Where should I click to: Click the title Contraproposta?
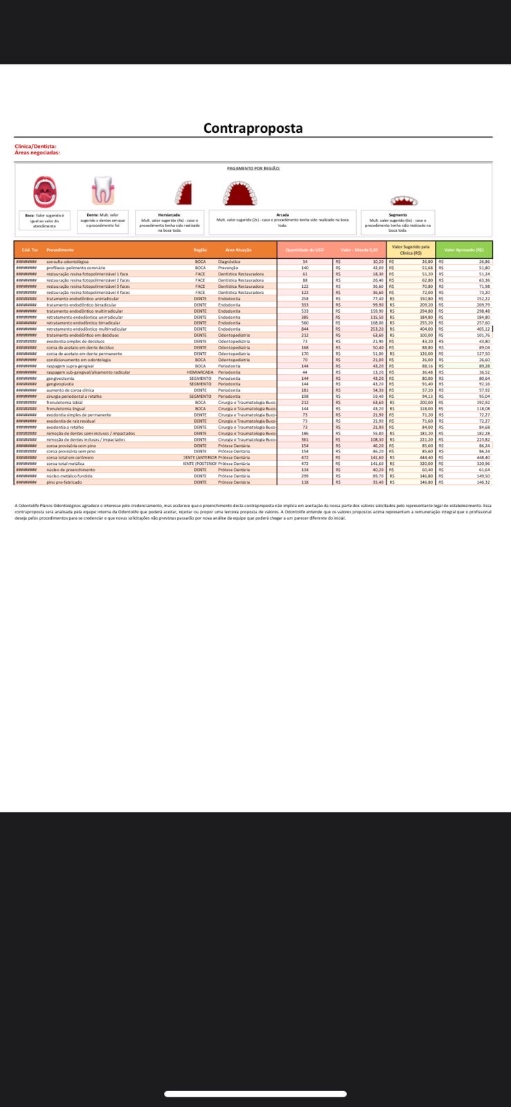point(252,129)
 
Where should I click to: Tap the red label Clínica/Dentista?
point(35,147)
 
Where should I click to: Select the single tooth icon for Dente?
point(102,190)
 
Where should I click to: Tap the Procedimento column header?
point(60,250)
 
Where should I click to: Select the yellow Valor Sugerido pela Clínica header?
point(411,250)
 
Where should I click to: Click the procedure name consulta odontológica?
point(67,262)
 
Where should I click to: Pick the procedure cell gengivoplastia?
point(61,384)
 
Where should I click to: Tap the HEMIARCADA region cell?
point(200,372)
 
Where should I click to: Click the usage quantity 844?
point(304,329)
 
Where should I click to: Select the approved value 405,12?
point(482,329)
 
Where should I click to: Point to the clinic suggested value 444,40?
point(425,457)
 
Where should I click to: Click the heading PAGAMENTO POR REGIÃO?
point(253,168)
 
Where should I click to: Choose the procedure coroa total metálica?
point(66,464)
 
